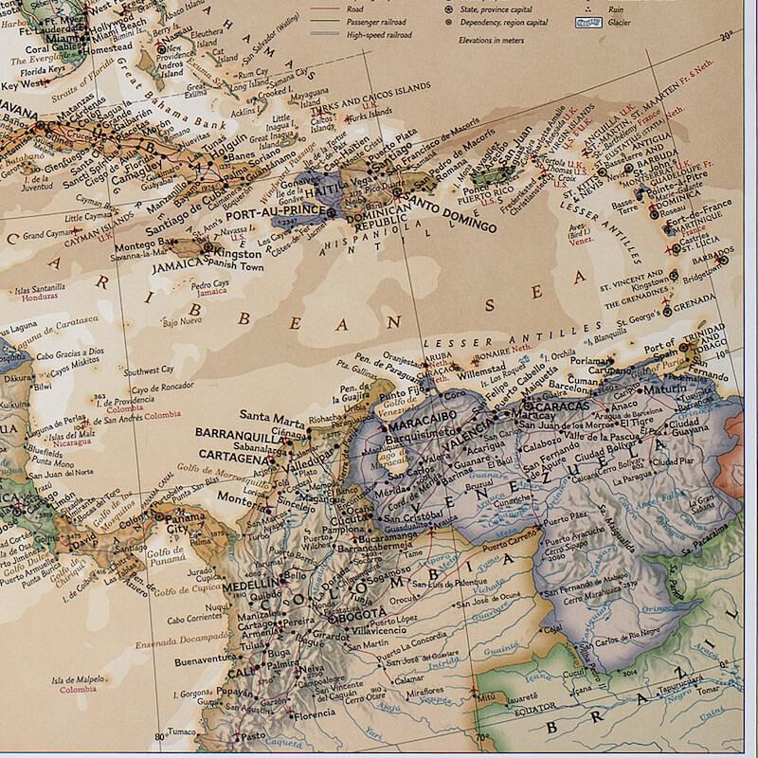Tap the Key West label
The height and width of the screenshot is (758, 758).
point(26,84)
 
